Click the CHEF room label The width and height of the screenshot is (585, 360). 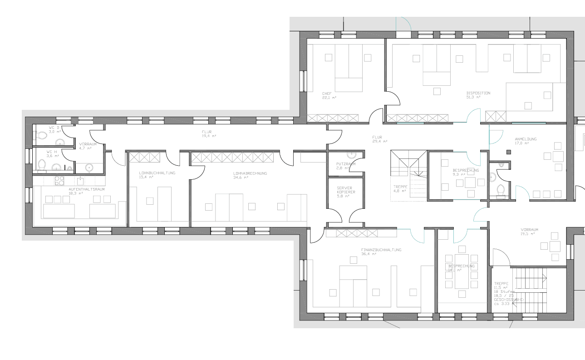[327, 94]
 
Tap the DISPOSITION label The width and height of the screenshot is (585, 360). [478, 93]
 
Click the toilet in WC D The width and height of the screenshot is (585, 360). [42, 135]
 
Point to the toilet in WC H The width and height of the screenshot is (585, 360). [42, 164]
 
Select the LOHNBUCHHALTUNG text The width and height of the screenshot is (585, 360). [157, 173]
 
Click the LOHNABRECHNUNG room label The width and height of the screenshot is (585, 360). [250, 173]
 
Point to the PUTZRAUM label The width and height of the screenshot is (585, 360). [346, 164]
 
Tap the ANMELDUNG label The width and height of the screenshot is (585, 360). [526, 139]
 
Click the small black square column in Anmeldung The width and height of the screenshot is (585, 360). [509, 153]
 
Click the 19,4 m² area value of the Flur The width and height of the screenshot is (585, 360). [209, 136]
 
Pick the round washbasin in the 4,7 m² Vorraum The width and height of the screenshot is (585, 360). [89, 168]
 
